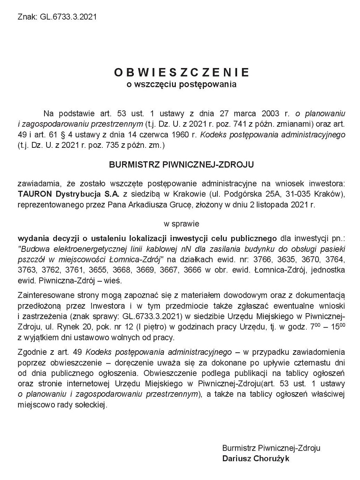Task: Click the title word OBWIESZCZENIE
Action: click(x=182, y=72)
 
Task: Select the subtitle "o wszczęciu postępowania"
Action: click(x=182, y=84)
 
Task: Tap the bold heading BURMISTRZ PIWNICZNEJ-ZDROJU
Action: click(x=182, y=165)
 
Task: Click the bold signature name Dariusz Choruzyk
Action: click(x=256, y=459)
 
